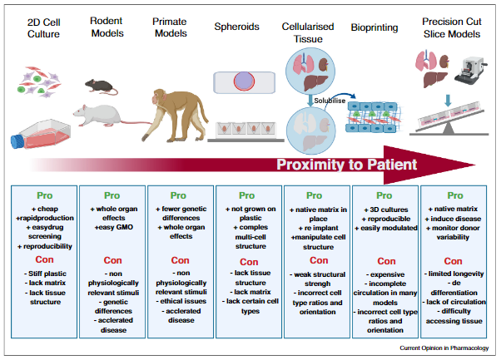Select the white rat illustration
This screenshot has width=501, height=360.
pyautogui.click(x=104, y=114)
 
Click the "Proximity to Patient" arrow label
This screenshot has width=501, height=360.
pyautogui.click(x=346, y=164)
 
